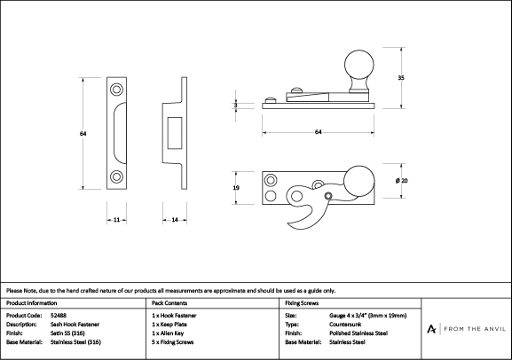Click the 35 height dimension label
coord(401,78)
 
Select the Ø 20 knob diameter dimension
coord(401,181)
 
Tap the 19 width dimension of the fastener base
coord(236,188)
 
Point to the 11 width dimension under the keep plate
coord(116,220)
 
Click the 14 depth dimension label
coord(175,220)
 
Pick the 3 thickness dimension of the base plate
coord(236,106)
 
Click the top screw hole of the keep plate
coord(116,89)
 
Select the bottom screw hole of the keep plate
coord(116,176)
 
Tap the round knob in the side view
coord(359,65)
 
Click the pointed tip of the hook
coord(288,224)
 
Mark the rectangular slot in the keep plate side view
coord(175,133)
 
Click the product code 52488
coord(59,316)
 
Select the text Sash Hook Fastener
coord(75,325)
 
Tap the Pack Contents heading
coord(169,303)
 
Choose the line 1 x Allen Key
coord(168,333)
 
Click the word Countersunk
coord(345,325)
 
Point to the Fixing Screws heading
coord(302,303)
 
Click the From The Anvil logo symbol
coord(431,329)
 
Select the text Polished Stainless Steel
coord(358,333)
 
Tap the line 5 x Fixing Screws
coord(172,342)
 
